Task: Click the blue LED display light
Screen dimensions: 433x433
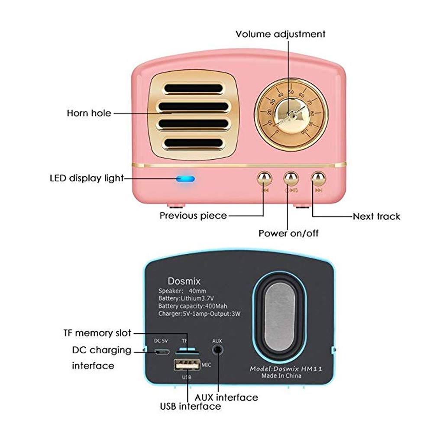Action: click(x=185, y=179)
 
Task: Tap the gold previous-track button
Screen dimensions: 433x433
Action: click(x=264, y=178)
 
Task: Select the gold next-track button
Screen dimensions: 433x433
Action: click(x=319, y=178)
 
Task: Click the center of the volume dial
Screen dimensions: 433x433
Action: click(x=291, y=115)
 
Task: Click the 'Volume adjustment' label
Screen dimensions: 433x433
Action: click(x=280, y=34)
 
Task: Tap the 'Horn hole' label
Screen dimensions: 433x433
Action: click(x=89, y=113)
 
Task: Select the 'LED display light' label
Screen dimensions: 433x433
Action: click(x=87, y=178)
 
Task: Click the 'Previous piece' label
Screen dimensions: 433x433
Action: click(x=193, y=216)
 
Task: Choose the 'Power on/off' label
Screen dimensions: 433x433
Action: click(x=288, y=233)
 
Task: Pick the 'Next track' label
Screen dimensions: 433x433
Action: click(x=376, y=216)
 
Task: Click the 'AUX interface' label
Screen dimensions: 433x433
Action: click(x=226, y=397)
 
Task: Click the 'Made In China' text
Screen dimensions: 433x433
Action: click(x=281, y=376)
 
